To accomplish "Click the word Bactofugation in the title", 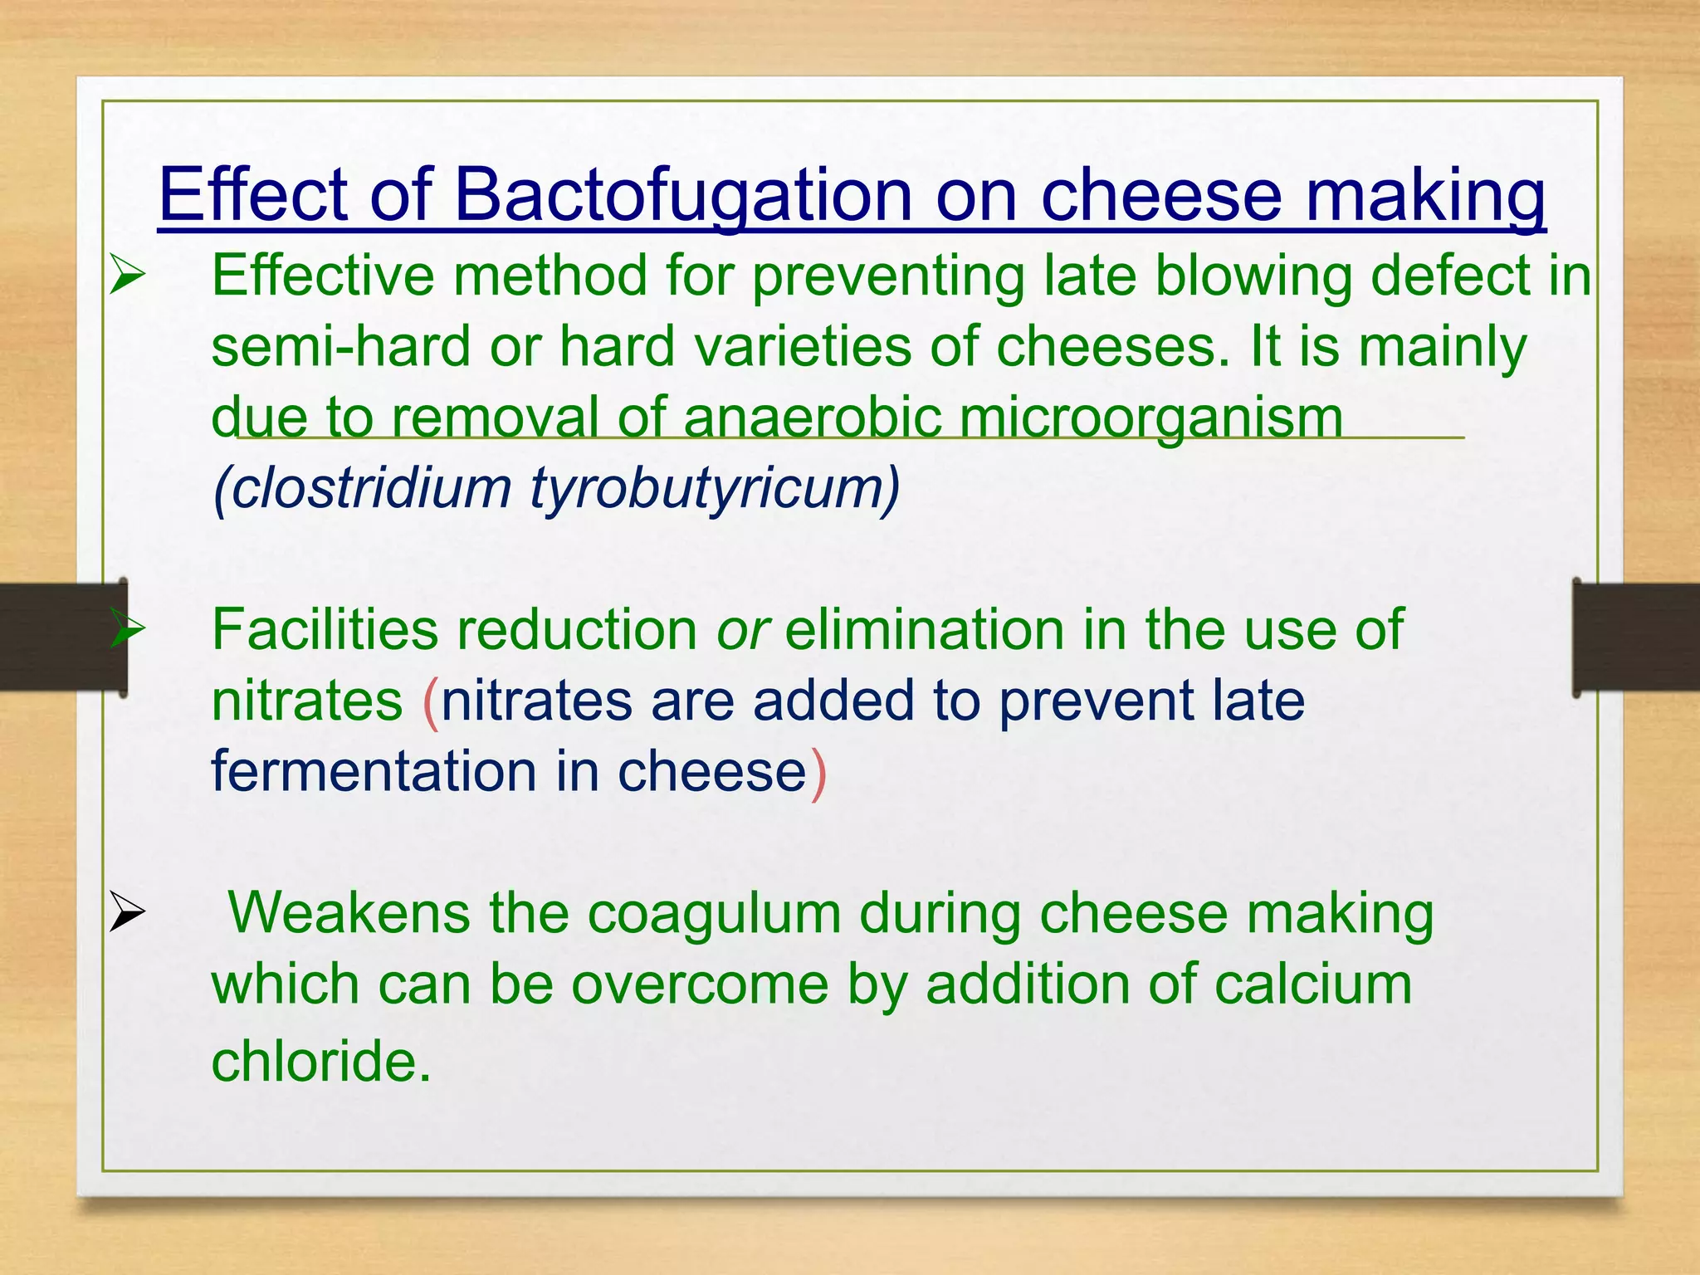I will tap(684, 196).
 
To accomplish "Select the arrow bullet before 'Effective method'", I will tap(127, 276).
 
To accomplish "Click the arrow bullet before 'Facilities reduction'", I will tap(127, 630).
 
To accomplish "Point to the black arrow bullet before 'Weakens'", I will tap(127, 913).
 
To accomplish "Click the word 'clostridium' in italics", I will tap(370, 487).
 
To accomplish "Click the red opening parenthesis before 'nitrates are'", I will tap(430, 702).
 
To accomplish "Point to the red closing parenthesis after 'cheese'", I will tap(818, 774).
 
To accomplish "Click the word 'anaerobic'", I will tap(812, 417).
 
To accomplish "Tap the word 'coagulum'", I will tap(714, 915).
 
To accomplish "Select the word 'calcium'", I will tap(1312, 985).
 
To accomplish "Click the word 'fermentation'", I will tap(374, 772).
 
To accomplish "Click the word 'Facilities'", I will tap(325, 630).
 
